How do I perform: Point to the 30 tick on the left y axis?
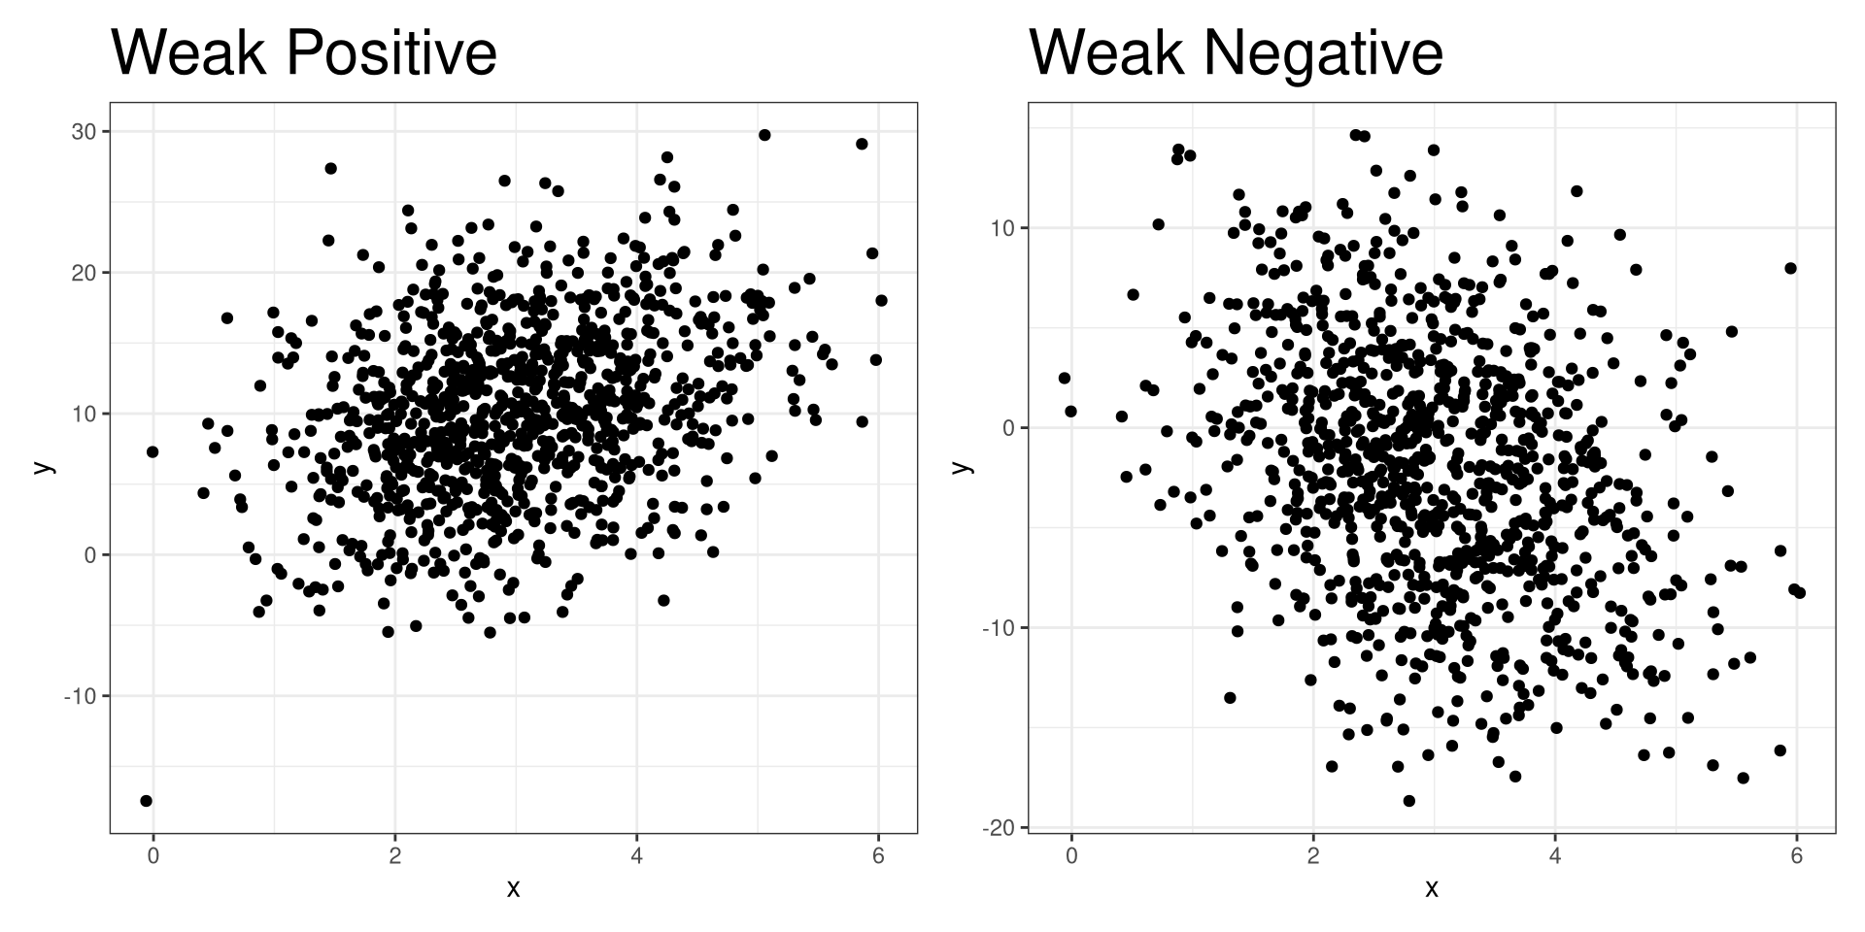pyautogui.click(x=84, y=131)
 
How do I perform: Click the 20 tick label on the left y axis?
pyautogui.click(x=84, y=273)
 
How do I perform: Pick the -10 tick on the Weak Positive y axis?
pyautogui.click(x=80, y=696)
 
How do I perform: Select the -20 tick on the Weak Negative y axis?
pyautogui.click(x=999, y=827)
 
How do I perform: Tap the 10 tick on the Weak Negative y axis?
pyautogui.click(x=1002, y=228)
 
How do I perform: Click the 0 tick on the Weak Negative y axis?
pyautogui.click(x=1007, y=428)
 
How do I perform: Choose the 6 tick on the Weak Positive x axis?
pyautogui.click(x=878, y=855)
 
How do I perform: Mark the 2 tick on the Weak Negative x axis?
pyautogui.click(x=1313, y=855)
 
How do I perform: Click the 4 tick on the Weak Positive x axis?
pyautogui.click(x=636, y=855)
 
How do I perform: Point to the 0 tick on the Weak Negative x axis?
pyautogui.click(x=1071, y=855)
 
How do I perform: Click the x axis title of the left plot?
pyautogui.click(x=513, y=887)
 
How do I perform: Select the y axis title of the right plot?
pyautogui.click(x=962, y=467)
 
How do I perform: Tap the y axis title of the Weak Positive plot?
pyautogui.click(x=43, y=467)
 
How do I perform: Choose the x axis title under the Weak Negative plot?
pyautogui.click(x=1431, y=887)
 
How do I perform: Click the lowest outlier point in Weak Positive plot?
pyautogui.click(x=147, y=801)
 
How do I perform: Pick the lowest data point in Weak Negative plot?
pyautogui.click(x=1409, y=801)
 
